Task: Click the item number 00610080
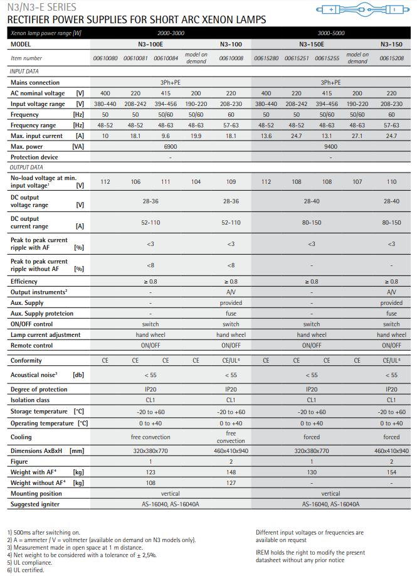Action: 105,58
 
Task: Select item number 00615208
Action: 391,58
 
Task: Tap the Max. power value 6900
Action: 170,146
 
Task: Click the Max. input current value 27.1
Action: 357,136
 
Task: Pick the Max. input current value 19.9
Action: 196,136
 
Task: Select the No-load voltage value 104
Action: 196,182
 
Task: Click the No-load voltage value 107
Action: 357,182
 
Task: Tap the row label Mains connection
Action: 35,82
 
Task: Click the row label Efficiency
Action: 24,282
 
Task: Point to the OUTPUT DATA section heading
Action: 26,168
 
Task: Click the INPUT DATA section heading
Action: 24,72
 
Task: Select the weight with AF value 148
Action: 231,472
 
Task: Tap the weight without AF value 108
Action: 150,483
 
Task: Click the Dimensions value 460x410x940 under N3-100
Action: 231,451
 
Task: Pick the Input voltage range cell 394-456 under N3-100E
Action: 166,104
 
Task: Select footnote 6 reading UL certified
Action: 26,570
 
